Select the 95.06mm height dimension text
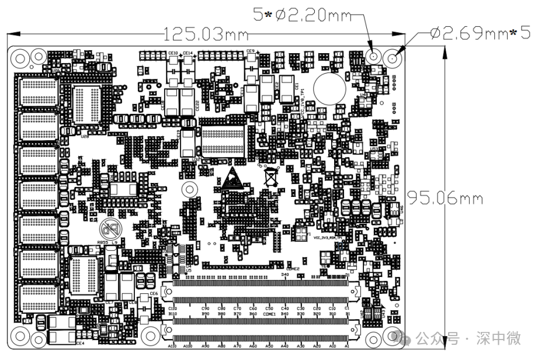(x=445, y=198)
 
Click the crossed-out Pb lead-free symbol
(x=110, y=227)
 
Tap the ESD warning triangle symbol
(x=232, y=178)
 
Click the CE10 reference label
(x=173, y=53)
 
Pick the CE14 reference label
(x=188, y=53)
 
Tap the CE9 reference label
(x=251, y=51)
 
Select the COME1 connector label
(x=269, y=314)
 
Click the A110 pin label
(x=172, y=347)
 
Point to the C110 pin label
(x=172, y=308)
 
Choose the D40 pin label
(x=285, y=274)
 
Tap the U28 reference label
(x=85, y=136)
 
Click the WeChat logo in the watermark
(x=405, y=338)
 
